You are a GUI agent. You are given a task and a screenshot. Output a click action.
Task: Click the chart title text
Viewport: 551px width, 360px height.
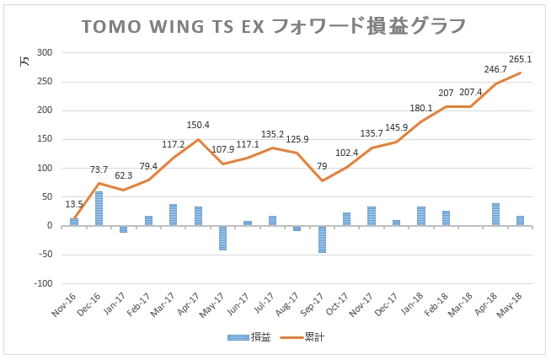tap(274, 26)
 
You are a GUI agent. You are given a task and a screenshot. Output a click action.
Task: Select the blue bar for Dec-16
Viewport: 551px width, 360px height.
tap(99, 208)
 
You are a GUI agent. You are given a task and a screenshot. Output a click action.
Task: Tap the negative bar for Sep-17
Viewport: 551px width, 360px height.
tap(322, 239)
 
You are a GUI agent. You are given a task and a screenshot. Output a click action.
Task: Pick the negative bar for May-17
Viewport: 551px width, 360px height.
tap(222, 238)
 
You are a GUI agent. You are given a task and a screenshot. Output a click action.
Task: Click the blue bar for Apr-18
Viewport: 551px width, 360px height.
tap(495, 214)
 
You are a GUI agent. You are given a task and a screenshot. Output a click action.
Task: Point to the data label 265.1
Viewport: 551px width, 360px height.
tap(520, 60)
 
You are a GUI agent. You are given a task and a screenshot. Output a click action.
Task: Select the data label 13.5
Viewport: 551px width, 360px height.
tap(74, 204)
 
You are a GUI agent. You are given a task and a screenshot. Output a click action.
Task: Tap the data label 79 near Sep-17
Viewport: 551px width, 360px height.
tap(321, 166)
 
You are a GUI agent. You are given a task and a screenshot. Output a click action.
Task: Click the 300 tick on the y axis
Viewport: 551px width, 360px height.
tap(45, 53)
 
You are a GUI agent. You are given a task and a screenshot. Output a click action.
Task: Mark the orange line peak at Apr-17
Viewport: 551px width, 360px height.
tap(198, 139)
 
